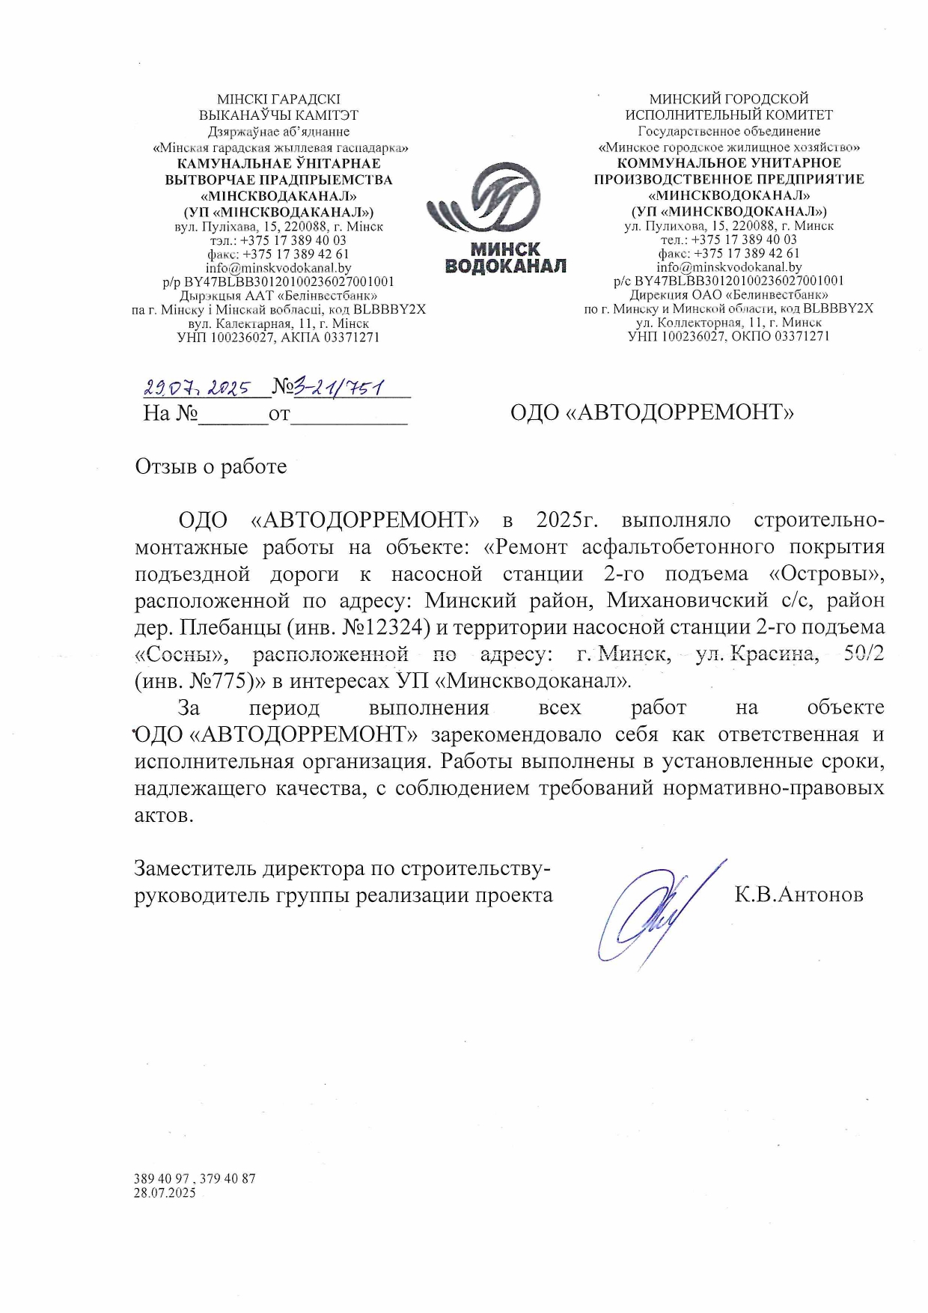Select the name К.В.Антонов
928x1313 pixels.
[x=799, y=895]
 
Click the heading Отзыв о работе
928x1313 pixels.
[x=211, y=466]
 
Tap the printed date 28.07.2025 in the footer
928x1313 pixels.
[x=165, y=1192]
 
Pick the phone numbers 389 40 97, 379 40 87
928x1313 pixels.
[x=195, y=1178]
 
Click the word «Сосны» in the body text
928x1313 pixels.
[x=180, y=654]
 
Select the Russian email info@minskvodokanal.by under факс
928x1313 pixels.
[x=729, y=267]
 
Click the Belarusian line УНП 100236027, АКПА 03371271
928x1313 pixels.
[x=278, y=338]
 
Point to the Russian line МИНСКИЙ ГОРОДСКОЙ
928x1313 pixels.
[x=729, y=99]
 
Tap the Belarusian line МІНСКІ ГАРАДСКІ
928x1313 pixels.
[x=278, y=99]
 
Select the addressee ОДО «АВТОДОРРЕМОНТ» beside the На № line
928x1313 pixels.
[x=652, y=412]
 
